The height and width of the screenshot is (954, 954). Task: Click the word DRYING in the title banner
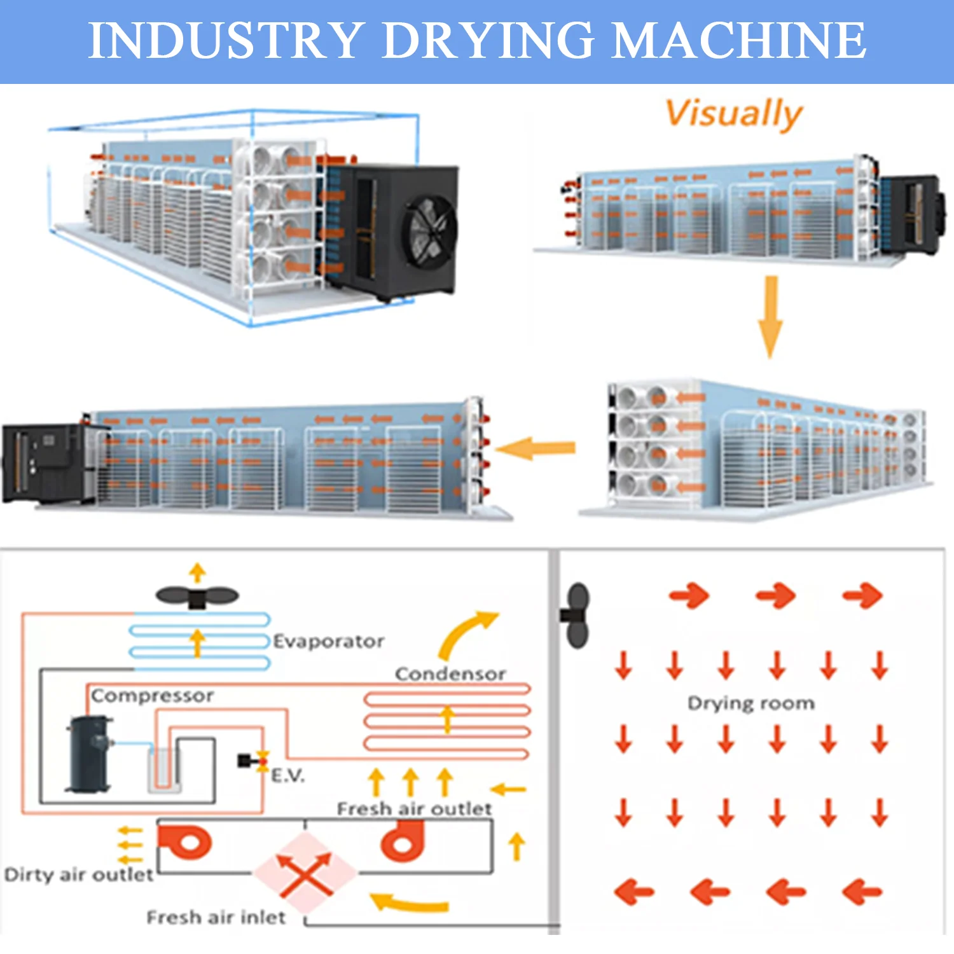488,41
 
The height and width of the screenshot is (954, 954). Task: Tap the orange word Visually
733,114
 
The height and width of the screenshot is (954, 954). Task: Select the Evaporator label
328,641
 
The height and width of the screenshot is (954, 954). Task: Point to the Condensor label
450,674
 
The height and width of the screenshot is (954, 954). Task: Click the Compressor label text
152,696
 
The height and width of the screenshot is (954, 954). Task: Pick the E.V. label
288,775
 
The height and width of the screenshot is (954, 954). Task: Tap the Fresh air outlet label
414,808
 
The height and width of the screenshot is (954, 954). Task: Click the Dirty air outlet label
79,874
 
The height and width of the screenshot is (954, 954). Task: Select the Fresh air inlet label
216,917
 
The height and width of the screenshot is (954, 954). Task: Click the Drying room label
750,703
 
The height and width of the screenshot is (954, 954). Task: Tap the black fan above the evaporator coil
197,597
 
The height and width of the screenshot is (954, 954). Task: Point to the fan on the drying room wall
576,615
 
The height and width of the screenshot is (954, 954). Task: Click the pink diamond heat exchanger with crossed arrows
305,873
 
